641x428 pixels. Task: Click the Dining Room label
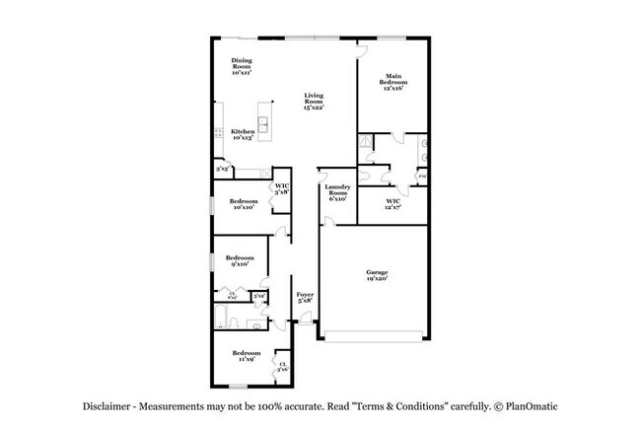click(x=242, y=66)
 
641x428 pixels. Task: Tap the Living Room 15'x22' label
click(x=314, y=102)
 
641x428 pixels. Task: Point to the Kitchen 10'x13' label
click(x=243, y=135)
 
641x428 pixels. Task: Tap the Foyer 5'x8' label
click(x=305, y=297)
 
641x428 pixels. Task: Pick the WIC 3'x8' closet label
click(x=281, y=188)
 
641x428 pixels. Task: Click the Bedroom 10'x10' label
click(x=245, y=204)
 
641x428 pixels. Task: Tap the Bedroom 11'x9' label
click(x=246, y=355)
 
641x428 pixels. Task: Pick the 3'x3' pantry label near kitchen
click(x=222, y=170)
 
